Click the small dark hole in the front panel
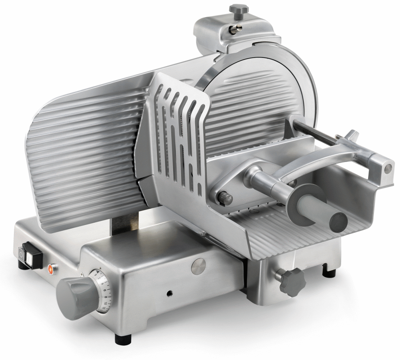click(x=170, y=293)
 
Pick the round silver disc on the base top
click(x=198, y=266)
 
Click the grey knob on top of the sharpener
click(x=238, y=9)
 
